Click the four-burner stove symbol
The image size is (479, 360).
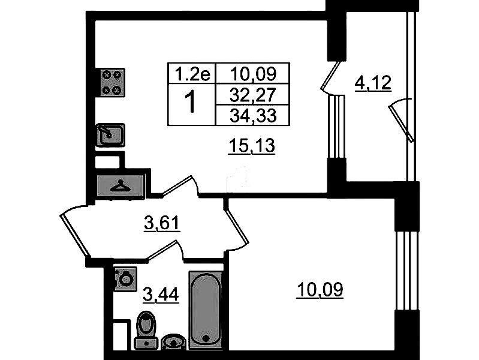click(110, 83)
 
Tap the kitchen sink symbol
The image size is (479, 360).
click(110, 135)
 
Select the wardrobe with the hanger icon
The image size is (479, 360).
click(120, 186)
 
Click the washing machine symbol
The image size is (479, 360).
click(125, 278)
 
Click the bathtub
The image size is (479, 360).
click(205, 310)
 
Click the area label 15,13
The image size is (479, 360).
click(252, 146)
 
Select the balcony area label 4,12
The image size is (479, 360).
click(373, 83)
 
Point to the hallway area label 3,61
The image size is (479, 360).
click(162, 224)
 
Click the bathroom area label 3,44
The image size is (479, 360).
click(161, 295)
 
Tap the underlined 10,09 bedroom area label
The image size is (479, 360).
click(320, 290)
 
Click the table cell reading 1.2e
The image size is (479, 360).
click(192, 74)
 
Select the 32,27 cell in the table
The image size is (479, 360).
click(253, 95)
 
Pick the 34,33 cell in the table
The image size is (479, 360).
click(253, 115)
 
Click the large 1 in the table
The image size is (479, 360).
click(191, 103)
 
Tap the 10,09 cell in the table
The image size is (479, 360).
click(253, 73)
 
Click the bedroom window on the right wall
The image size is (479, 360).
click(406, 271)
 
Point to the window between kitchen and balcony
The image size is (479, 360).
click(337, 127)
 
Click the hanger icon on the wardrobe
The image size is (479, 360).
click(120, 185)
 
